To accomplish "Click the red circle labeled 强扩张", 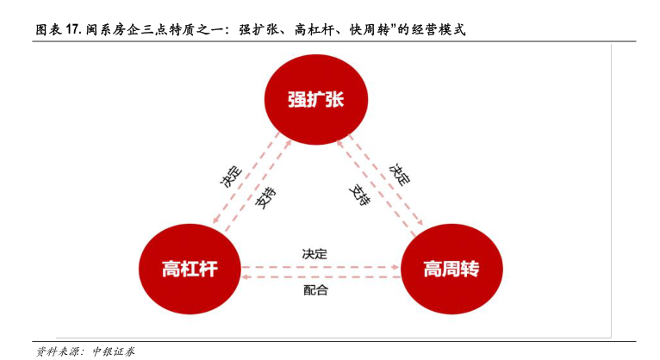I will tap(315, 100).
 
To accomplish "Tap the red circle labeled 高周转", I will tap(450, 270).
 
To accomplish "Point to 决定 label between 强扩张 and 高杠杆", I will tap(230, 176).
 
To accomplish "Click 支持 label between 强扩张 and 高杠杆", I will tap(265, 199).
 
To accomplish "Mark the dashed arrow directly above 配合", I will tap(320, 278).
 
